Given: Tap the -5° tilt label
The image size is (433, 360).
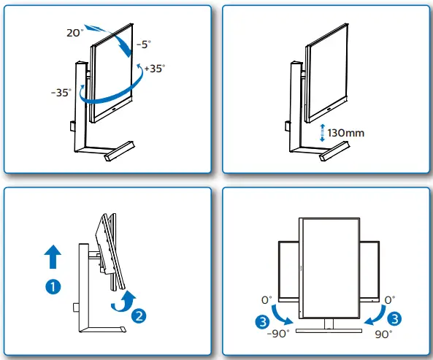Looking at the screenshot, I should (143, 44).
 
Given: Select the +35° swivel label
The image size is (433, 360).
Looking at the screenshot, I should (154, 68).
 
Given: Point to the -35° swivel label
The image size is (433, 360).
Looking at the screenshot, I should (62, 93).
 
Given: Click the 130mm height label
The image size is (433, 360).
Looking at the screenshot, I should (345, 134).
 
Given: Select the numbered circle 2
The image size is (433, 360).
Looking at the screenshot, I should (139, 315).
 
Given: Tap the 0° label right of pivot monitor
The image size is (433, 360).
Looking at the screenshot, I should (389, 299).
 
